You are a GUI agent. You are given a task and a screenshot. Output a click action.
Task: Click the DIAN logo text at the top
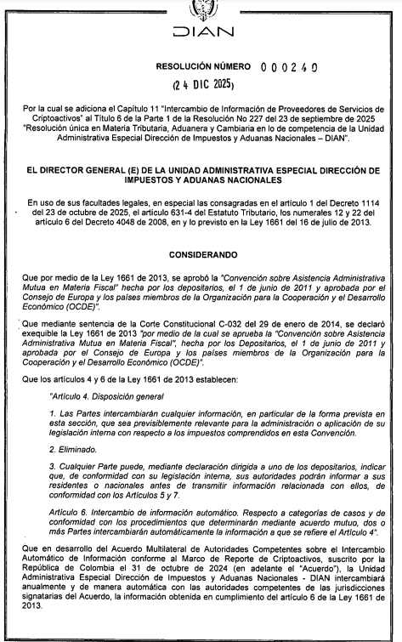coord(201,33)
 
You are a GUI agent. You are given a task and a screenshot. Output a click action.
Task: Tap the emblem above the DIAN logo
coord(201,9)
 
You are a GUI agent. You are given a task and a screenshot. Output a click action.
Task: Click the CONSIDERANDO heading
coord(201,254)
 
